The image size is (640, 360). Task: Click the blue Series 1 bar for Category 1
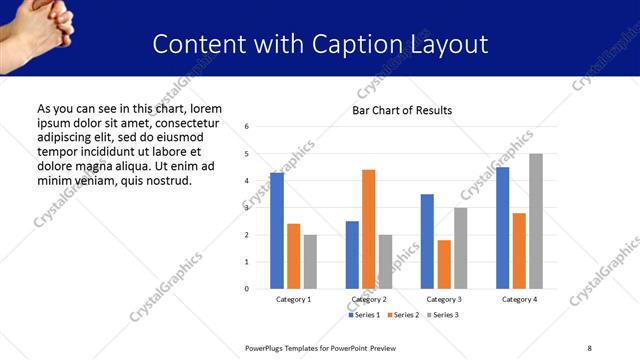[x=277, y=231]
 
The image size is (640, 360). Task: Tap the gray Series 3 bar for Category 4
[x=536, y=221]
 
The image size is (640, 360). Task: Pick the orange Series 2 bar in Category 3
[x=444, y=264]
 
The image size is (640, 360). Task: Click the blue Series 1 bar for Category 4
[x=502, y=228]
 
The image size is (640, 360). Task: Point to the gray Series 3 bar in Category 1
[x=310, y=262]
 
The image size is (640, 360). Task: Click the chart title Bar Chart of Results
[x=402, y=110]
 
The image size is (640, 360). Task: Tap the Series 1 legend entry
[x=364, y=315]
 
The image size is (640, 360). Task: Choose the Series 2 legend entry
[x=402, y=315]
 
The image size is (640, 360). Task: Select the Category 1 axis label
[x=293, y=299]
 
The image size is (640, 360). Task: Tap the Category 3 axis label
[x=444, y=299]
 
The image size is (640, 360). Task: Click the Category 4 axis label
[x=519, y=299]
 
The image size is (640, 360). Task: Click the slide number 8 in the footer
[x=589, y=347]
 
